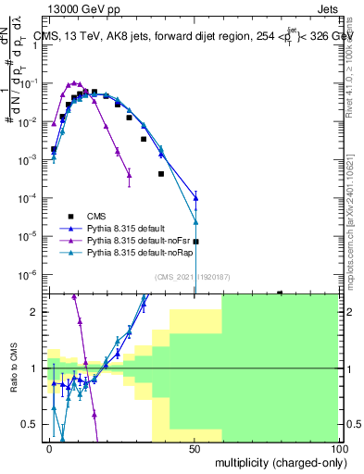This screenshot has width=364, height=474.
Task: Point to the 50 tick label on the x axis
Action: pos(194,448)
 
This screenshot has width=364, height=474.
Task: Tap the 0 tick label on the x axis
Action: pos(49,448)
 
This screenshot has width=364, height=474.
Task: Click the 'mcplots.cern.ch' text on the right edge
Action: pos(353,250)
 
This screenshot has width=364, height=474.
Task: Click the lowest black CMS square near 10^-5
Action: pos(195,242)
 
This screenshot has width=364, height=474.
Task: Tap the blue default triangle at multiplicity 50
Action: pos(195,198)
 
